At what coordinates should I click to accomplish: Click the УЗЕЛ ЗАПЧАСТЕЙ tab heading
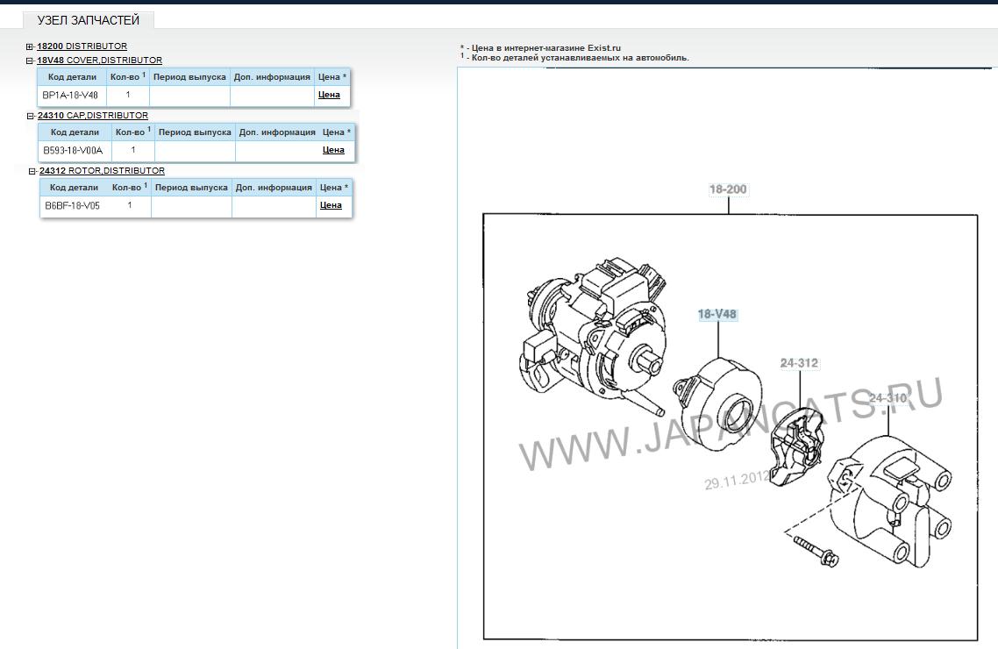point(89,20)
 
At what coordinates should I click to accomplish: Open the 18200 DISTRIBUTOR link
point(82,46)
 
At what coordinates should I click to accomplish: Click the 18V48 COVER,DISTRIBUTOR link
point(99,61)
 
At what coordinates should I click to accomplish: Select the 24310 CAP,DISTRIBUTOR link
point(93,116)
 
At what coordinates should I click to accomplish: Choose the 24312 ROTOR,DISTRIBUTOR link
point(102,171)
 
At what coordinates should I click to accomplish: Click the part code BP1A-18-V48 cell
point(70,96)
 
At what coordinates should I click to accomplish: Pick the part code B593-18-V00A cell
point(73,151)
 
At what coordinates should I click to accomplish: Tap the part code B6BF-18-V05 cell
point(72,206)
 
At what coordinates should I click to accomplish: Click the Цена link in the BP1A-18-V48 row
point(329,95)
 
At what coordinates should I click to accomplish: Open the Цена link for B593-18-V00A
point(333,150)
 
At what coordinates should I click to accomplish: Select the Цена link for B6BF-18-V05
point(331,205)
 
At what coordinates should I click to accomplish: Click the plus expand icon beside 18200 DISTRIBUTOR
point(29,47)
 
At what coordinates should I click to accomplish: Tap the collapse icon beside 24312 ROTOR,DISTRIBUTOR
point(32,172)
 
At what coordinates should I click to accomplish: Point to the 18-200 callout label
point(728,189)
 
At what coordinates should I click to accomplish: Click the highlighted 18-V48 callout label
point(717,314)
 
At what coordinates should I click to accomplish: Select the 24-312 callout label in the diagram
point(800,363)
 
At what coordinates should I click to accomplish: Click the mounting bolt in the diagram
point(816,552)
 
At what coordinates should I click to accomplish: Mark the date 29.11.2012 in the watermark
point(737,480)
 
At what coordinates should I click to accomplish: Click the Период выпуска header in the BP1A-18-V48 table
point(189,77)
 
